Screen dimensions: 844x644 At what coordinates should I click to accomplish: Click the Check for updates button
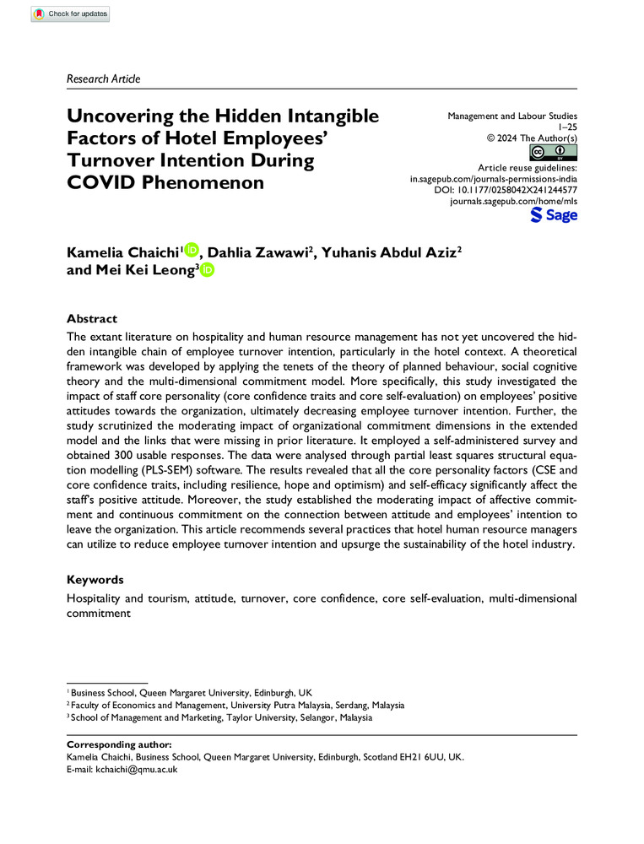70,14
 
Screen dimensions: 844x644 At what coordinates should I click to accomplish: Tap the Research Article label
103,78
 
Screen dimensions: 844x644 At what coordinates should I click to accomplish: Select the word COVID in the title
104,182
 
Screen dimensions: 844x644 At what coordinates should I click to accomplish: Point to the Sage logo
554,215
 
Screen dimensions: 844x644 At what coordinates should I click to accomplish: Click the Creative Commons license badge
553,152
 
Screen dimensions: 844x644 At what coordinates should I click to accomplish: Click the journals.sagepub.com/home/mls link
514,203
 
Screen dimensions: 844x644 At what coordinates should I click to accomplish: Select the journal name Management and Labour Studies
512,113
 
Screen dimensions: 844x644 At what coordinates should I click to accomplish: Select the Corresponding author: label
118,745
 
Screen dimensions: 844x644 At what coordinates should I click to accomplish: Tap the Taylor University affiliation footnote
223,718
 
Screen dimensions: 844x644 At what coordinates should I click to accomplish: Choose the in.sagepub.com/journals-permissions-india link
493,180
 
